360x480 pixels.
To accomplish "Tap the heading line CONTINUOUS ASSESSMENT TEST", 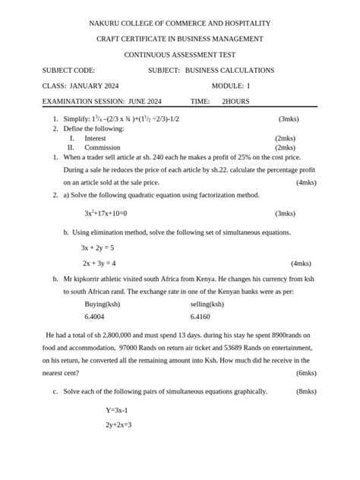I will pos(180,55).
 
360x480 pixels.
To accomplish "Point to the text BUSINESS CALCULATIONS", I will pos(229,70).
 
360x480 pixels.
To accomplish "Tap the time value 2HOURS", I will pos(235,101).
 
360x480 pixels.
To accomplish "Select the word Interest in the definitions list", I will pos(95,138).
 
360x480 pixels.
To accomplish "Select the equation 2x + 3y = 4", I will pos(99,264).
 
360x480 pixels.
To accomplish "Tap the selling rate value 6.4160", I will pos(201,316).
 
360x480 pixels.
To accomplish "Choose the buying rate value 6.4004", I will pos(95,316).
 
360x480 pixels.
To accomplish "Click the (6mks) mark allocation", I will pos(306,373).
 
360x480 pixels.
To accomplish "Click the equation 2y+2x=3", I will pos(119,425).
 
